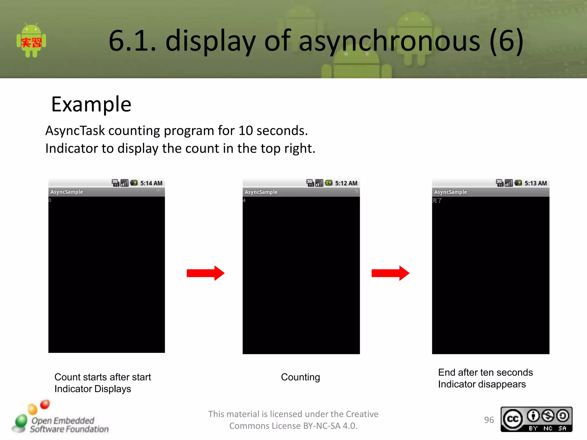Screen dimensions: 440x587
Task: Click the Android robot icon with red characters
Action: (31, 41)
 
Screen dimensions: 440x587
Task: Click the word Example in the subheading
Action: (91, 104)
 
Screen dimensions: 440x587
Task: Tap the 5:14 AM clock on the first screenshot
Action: (151, 183)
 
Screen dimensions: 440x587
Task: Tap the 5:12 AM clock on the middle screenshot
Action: (346, 183)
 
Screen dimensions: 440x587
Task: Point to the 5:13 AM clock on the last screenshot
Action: (535, 183)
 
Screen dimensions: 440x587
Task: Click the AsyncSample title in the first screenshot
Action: (67, 192)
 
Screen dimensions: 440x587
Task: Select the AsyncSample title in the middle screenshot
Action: (261, 192)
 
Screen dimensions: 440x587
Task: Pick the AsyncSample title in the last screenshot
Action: (451, 192)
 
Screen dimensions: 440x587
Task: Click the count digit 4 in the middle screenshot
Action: (244, 201)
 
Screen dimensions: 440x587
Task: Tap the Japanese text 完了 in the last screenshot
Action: (437, 201)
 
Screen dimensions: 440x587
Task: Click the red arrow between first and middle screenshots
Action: (206, 273)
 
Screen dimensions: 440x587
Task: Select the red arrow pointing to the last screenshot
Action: (390, 273)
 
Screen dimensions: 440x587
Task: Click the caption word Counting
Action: (300, 377)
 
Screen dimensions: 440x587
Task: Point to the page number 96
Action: (489, 420)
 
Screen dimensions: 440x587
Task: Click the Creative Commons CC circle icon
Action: (513, 419)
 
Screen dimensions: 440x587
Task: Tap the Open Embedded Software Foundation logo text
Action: (69, 425)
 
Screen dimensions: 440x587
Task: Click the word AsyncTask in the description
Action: (75, 131)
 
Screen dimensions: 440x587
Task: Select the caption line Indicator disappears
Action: (482, 384)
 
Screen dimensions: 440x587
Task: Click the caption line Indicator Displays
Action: (93, 389)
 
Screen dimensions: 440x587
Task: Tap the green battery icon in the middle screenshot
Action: (329, 183)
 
